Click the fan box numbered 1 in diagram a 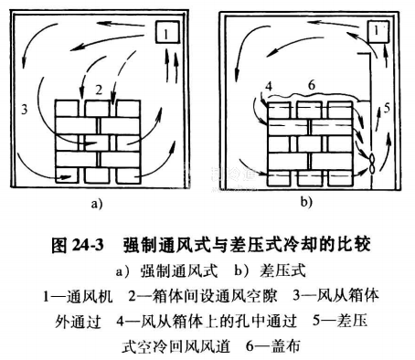(x=166, y=32)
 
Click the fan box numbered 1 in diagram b (x=378, y=32)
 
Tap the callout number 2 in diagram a (x=99, y=90)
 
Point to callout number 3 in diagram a (x=24, y=109)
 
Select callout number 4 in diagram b (x=269, y=87)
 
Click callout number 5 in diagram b (x=387, y=108)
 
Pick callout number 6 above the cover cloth (x=312, y=85)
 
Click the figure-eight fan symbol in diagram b (x=372, y=164)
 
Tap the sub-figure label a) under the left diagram (x=97, y=204)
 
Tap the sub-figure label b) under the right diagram (x=306, y=201)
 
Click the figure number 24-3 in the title (x=88, y=245)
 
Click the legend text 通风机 (x=90, y=296)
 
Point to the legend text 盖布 (x=286, y=345)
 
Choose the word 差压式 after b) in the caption (x=282, y=270)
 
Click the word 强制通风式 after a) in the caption (x=179, y=270)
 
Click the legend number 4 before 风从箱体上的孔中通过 (x=121, y=321)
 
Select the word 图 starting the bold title (x=59, y=245)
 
